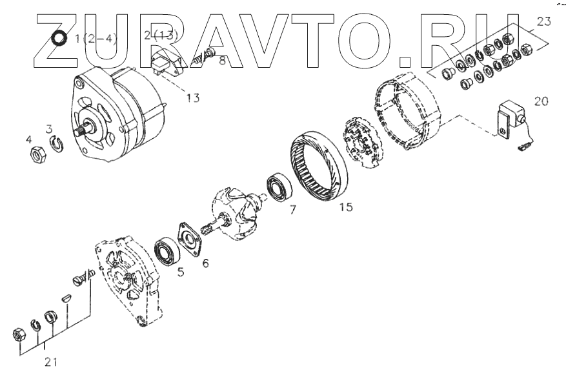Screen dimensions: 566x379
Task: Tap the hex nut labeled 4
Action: (x=37, y=154)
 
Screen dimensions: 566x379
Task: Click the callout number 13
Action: (x=193, y=98)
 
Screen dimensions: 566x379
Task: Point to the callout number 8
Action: (x=223, y=61)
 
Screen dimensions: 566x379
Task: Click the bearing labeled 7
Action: (x=279, y=188)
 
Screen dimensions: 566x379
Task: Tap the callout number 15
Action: (x=346, y=207)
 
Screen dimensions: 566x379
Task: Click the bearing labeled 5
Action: (x=168, y=252)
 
